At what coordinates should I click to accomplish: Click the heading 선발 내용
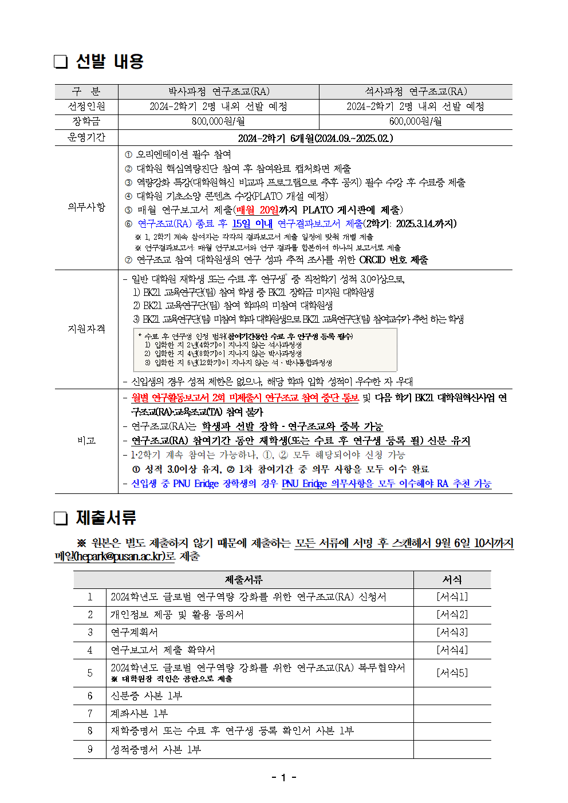pyautogui.click(x=109, y=61)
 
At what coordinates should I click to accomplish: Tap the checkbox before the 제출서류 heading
pyautogui.click(x=61, y=518)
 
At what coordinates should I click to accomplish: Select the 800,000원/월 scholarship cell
pyautogui.click(x=218, y=121)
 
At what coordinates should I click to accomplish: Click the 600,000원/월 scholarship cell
pyautogui.click(x=415, y=121)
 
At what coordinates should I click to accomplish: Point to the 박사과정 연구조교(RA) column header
pyautogui.click(x=218, y=92)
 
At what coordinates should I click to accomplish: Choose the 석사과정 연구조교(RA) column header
pyautogui.click(x=415, y=92)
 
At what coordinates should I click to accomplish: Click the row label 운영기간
pyautogui.click(x=86, y=137)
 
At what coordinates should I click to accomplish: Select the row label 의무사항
pyautogui.click(x=86, y=207)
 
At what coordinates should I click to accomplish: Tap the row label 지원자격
pyautogui.click(x=86, y=329)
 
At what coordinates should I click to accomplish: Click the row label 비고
pyautogui.click(x=86, y=440)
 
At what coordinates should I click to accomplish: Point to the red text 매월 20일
pyautogui.click(x=257, y=210)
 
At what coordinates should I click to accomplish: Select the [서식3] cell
pyautogui.click(x=452, y=632)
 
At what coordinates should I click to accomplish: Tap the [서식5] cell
pyautogui.click(x=452, y=673)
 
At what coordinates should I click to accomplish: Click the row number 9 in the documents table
pyautogui.click(x=90, y=749)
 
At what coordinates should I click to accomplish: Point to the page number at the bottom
pyautogui.click(x=283, y=777)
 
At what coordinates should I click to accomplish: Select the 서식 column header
pyautogui.click(x=452, y=580)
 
